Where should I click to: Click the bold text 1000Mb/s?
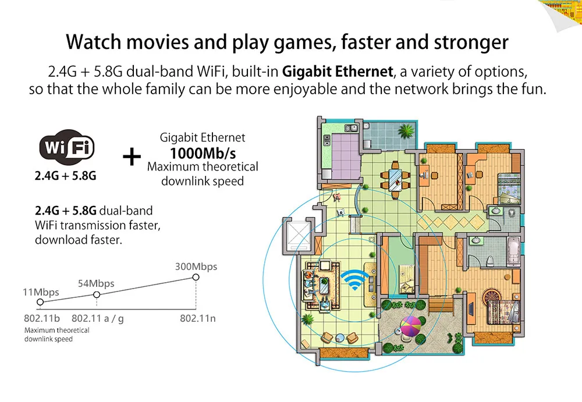pyautogui.click(x=202, y=153)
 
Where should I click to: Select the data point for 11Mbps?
pyautogui.click(x=40, y=302)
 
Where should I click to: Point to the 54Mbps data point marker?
pyautogui.click(x=97, y=295)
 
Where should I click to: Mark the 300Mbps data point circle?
pyautogui.click(x=196, y=278)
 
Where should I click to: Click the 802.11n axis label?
pyautogui.click(x=198, y=318)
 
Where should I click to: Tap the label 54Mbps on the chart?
pyautogui.click(x=96, y=283)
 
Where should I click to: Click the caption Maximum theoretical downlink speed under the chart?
pyautogui.click(x=56, y=334)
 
